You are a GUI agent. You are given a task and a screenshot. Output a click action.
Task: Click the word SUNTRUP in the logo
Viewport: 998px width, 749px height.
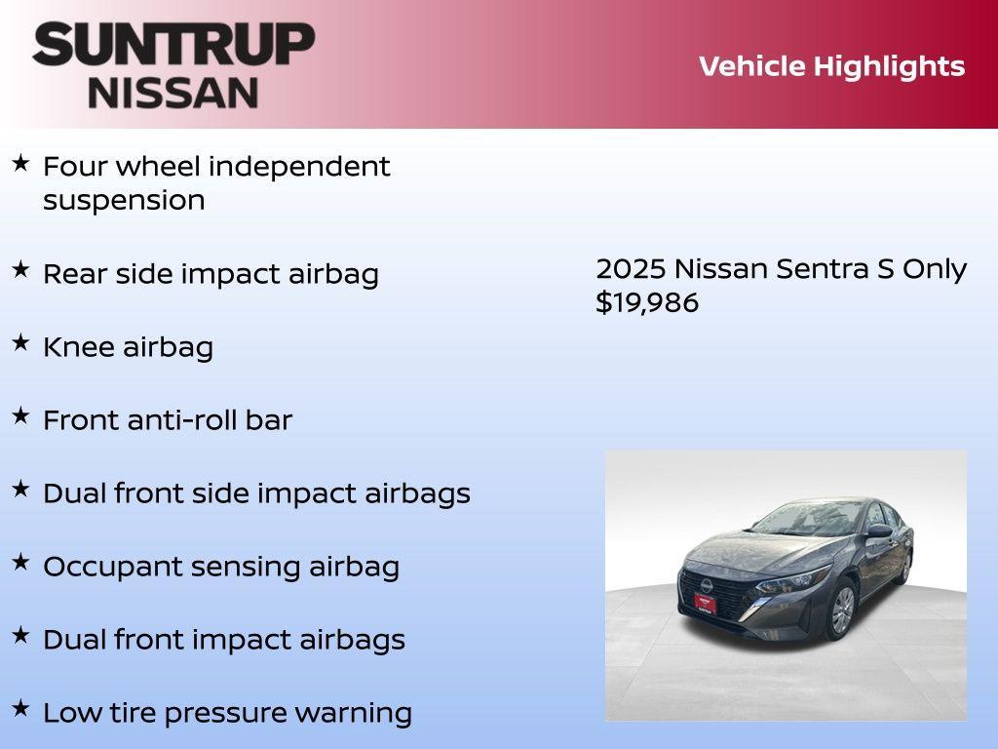click(x=173, y=44)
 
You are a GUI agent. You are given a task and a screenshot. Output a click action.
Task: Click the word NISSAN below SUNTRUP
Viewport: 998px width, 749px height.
click(x=173, y=92)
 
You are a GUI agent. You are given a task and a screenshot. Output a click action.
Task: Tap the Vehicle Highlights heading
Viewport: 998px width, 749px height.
click(x=831, y=66)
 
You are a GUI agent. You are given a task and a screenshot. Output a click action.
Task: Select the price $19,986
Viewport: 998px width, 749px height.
click(x=647, y=302)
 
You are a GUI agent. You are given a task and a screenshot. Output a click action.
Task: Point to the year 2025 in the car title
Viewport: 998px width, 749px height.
click(x=631, y=269)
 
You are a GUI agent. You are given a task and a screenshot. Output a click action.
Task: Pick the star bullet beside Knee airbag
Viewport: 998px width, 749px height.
click(x=20, y=342)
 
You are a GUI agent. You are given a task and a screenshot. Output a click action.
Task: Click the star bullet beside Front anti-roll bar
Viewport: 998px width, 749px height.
click(x=20, y=415)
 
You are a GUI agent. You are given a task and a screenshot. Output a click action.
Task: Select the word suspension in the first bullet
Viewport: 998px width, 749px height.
click(x=124, y=201)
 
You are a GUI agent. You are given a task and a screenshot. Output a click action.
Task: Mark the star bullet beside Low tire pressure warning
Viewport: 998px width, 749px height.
click(x=20, y=708)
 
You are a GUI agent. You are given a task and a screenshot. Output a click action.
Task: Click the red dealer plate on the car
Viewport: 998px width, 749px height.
click(x=705, y=604)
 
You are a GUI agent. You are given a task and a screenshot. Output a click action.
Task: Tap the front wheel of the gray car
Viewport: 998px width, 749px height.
click(x=840, y=611)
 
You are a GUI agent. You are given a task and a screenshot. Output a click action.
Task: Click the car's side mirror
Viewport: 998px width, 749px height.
click(x=879, y=532)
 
